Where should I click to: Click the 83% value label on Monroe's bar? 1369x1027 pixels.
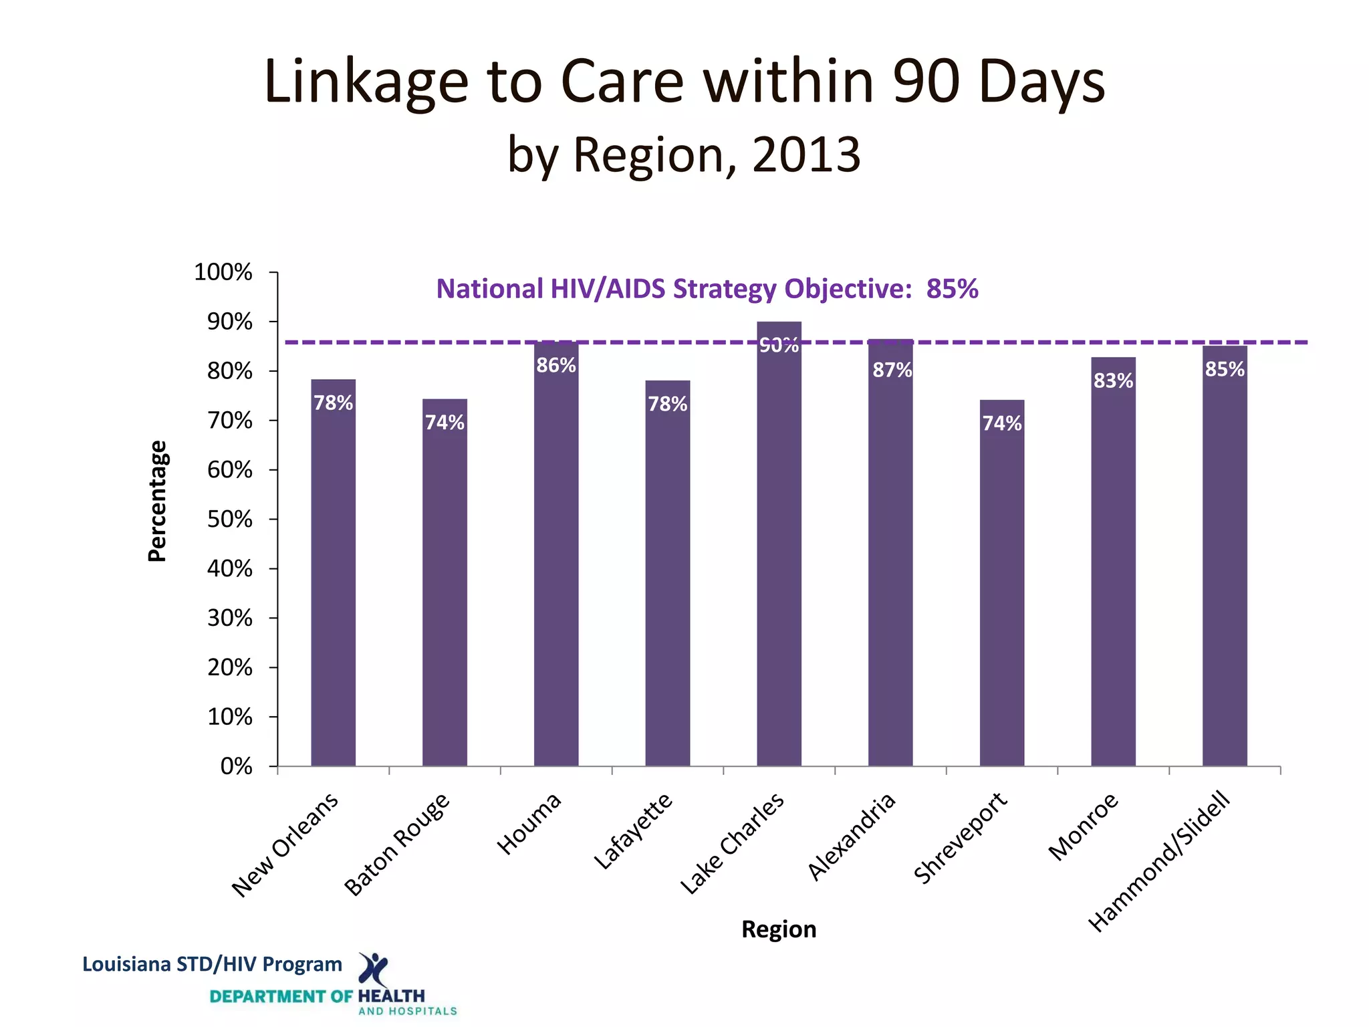[x=1113, y=381]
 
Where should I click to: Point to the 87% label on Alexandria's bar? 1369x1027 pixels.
[x=892, y=370]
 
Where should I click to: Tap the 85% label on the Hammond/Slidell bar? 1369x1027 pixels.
[x=1225, y=369]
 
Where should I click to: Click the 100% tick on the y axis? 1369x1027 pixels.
[x=223, y=272]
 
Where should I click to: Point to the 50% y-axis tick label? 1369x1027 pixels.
[x=229, y=520]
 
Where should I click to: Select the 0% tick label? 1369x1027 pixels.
[x=236, y=766]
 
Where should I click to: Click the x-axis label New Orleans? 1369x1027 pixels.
[x=285, y=845]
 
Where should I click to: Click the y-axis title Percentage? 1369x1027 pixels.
[x=157, y=501]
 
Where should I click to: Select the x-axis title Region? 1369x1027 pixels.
[x=779, y=929]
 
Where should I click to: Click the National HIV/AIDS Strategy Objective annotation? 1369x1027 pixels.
[x=707, y=289]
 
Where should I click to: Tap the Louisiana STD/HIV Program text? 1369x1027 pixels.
[x=212, y=964]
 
